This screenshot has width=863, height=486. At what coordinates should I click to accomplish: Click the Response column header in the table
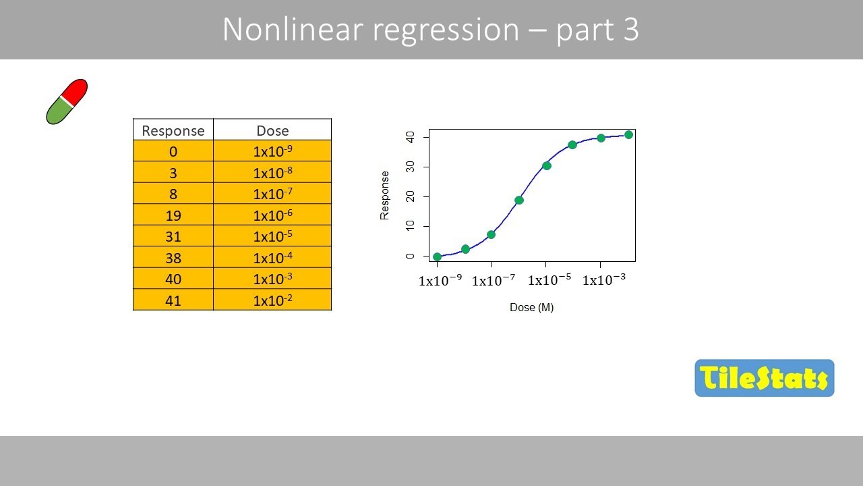173,130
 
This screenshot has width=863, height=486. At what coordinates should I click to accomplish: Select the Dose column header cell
272,130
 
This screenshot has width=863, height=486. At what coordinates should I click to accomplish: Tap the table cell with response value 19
173,215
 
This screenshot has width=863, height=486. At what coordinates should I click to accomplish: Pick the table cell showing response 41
173,300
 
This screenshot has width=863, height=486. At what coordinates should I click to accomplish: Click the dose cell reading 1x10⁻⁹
272,151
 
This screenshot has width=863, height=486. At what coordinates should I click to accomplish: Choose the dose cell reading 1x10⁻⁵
272,237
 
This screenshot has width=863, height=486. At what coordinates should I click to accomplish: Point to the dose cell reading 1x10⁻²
272,300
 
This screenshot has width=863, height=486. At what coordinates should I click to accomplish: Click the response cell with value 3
173,173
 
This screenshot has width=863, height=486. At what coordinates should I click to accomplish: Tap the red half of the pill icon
76,91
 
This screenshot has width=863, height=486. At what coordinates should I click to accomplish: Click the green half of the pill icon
58,112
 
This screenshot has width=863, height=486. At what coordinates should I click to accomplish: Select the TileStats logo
764,378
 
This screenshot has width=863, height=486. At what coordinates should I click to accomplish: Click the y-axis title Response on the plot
385,195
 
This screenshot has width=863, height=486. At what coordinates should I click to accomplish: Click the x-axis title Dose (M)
531,308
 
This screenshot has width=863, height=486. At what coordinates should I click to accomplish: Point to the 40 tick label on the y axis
409,137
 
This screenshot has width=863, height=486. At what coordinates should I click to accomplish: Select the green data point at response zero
437,256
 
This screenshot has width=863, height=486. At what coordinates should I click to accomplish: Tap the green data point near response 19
519,200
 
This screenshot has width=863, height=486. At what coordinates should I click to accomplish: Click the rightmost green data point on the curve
628,135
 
